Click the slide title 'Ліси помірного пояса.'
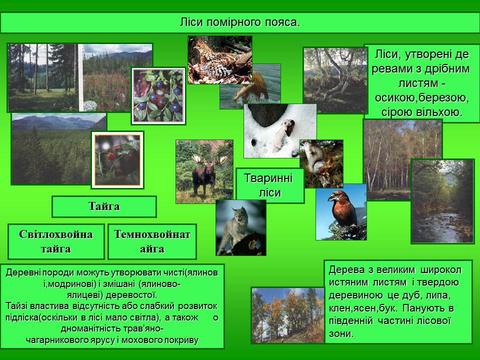tap(239, 22)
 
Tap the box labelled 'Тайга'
tap(104, 206)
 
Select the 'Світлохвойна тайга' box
tap(56, 241)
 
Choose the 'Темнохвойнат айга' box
tap(152, 241)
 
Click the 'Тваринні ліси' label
tap(270, 185)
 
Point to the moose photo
tap(204, 171)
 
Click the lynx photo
tap(240, 227)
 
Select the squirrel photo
tap(320, 163)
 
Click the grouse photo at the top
tap(219, 59)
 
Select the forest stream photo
tap(442, 201)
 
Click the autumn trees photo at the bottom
tap(288, 315)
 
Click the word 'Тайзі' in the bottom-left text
tap(18, 305)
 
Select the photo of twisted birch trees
tap(334, 80)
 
